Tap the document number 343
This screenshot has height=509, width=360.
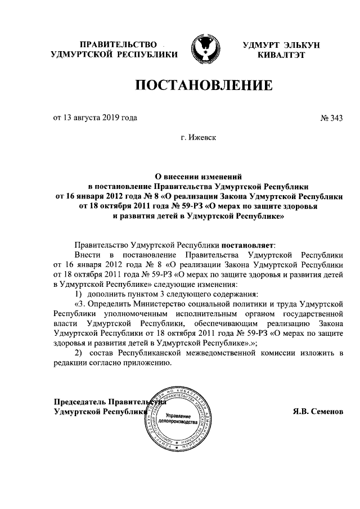[335, 118]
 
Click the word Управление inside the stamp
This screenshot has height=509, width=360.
[178, 415]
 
